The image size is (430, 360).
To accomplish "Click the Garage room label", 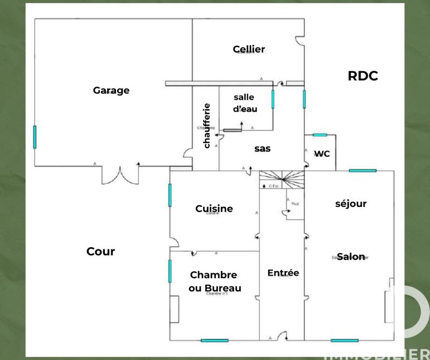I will pyautogui.click(x=111, y=90).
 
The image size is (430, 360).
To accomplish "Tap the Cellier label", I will pyautogui.click(x=249, y=49).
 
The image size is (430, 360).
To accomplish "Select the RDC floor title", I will pyautogui.click(x=363, y=76).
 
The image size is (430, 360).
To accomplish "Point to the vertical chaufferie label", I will pyautogui.click(x=207, y=125).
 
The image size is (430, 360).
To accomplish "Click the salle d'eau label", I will pyautogui.click(x=245, y=103).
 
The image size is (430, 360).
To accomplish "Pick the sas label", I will pyautogui.click(x=262, y=149).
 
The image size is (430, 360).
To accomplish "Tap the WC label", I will pyautogui.click(x=322, y=154).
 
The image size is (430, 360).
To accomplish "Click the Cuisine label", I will pyautogui.click(x=214, y=208).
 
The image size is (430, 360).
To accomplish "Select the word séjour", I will pyautogui.click(x=350, y=204).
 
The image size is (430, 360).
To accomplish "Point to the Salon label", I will pyautogui.click(x=351, y=257).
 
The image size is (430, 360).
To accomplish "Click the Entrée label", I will pyautogui.click(x=283, y=273).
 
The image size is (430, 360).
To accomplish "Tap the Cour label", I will pyautogui.click(x=101, y=251).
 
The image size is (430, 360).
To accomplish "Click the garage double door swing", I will pyautogui.click(x=120, y=175).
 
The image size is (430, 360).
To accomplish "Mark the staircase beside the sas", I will pyautogui.click(x=282, y=179).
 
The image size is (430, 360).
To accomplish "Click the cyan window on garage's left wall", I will pyautogui.click(x=35, y=136).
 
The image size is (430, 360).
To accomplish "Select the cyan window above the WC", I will pyautogui.click(x=320, y=135).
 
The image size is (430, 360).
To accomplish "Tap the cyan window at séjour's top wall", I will pyautogui.click(x=362, y=171).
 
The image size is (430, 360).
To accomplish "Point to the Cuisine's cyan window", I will pyautogui.click(x=170, y=195).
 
